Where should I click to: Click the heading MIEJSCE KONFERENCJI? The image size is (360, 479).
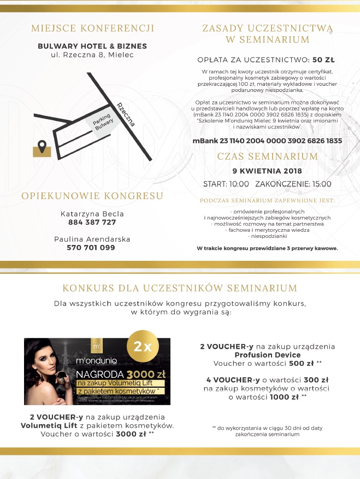click(92, 28)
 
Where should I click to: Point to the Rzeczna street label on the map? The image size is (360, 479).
click(126, 114)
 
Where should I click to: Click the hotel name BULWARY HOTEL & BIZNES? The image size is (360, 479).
click(92, 46)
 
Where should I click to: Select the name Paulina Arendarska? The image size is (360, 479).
click(92, 239)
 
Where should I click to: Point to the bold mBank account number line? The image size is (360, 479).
click(267, 141)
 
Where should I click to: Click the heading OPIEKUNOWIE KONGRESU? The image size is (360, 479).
click(92, 196)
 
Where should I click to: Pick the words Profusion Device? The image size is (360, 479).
click(267, 354)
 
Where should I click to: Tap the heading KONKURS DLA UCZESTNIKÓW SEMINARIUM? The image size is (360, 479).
click(180, 288)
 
